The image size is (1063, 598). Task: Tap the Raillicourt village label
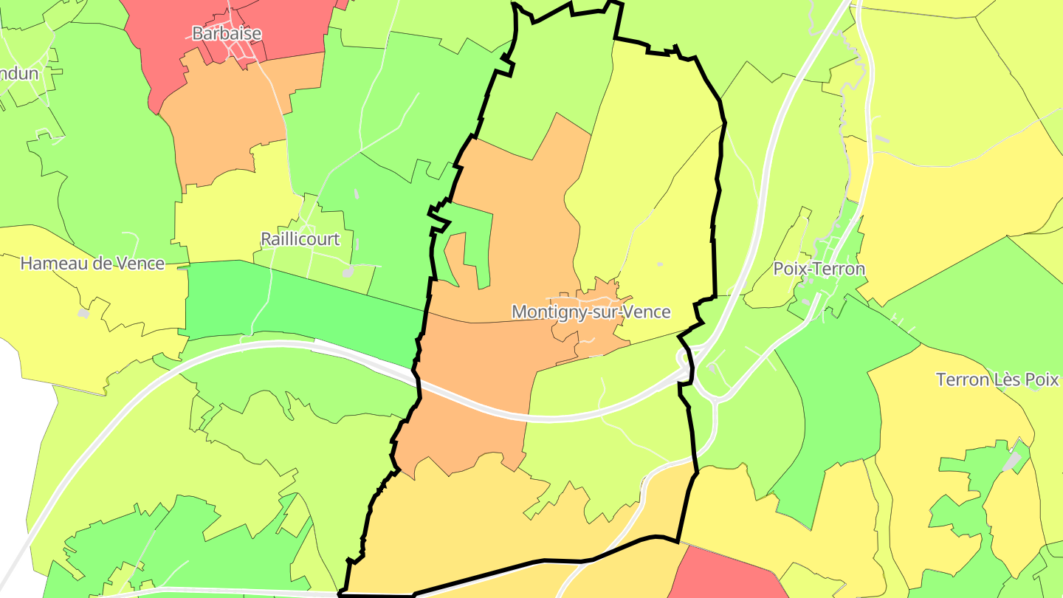300,239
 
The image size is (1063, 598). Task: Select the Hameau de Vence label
92,264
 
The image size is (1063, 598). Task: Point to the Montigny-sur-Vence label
591,312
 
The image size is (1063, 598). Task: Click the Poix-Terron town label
819,269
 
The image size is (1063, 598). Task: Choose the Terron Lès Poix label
997,380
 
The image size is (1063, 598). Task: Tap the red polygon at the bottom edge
723,576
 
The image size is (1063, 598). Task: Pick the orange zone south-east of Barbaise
229,118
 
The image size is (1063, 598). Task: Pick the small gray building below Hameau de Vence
83,314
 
